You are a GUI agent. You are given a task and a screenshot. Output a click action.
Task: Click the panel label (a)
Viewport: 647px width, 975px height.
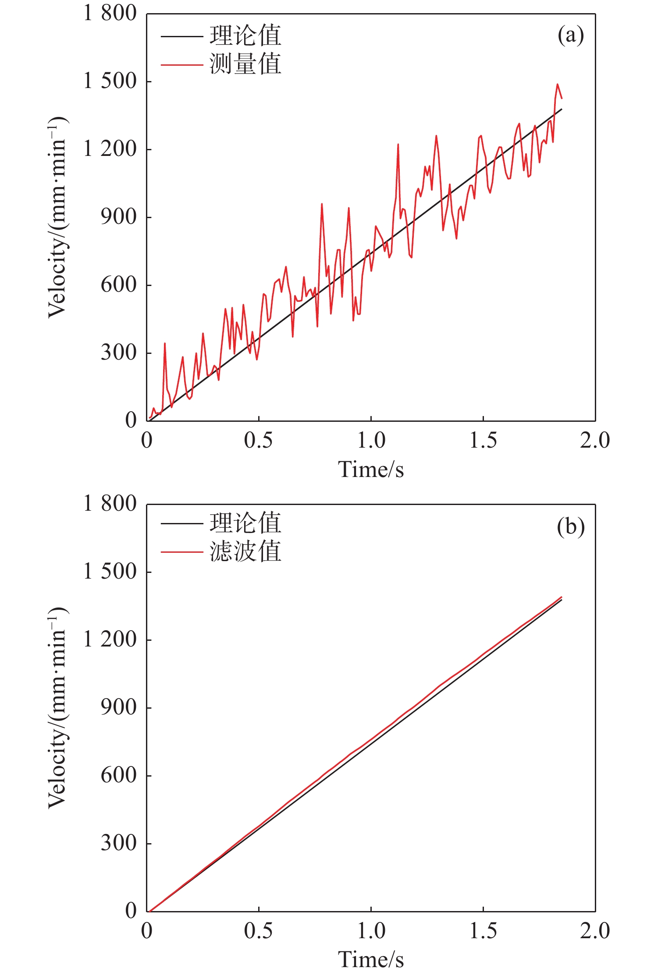point(570,35)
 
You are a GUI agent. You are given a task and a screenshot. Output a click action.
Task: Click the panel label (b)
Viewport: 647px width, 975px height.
point(570,526)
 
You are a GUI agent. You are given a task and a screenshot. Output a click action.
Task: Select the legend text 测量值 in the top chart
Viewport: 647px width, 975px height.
point(245,64)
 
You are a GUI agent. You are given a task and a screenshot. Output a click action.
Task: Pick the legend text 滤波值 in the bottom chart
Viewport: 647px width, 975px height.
point(245,551)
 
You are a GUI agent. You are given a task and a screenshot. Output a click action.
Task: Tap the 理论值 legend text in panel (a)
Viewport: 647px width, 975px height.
point(245,36)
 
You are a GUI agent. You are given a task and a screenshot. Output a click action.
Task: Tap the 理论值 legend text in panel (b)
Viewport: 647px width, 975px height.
point(245,523)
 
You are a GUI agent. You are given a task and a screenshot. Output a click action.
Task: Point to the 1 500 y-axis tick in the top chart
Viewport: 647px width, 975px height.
point(110,81)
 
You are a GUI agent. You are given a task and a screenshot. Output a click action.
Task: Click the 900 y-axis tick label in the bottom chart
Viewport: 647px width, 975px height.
point(118,707)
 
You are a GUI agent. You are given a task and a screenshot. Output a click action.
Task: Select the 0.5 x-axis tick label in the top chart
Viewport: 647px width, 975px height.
point(258,440)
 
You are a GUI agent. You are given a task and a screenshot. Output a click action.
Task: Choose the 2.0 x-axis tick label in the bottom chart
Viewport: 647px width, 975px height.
point(595,931)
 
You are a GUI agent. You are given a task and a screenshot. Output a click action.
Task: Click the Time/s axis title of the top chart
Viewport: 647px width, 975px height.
point(371,470)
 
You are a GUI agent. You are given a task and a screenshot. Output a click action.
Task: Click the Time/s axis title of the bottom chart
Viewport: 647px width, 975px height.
point(371,960)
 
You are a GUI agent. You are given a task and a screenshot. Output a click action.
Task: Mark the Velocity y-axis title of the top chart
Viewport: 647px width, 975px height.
point(57,217)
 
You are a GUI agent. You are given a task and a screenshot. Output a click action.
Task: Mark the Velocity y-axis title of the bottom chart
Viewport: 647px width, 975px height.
point(57,707)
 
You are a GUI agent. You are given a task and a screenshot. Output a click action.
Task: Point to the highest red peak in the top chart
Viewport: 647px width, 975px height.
point(558,84)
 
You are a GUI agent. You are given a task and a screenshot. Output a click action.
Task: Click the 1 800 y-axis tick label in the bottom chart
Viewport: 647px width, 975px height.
point(110,504)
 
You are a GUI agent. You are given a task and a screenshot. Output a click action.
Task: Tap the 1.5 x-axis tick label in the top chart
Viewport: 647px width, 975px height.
point(483,440)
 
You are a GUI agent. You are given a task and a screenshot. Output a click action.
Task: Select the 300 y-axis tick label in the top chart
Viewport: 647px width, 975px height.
point(118,353)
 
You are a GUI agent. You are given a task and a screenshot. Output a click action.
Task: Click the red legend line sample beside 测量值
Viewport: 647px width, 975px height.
point(181,65)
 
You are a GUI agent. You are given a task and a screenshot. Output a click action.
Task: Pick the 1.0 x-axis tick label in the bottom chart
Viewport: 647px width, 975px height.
point(371,931)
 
